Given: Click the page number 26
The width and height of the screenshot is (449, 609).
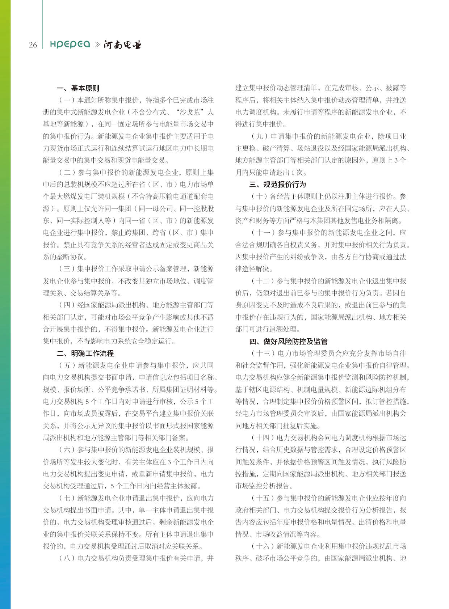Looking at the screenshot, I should [33, 45].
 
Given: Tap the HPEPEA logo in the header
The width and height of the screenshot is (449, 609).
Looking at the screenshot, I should [70, 44].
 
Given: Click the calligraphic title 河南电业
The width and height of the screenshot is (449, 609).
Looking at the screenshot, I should [122, 45].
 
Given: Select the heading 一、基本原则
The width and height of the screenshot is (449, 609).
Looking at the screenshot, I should [78, 88].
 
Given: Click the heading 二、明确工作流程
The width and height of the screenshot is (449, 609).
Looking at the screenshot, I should [85, 353].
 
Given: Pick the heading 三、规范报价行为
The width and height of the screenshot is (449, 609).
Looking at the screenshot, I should [277, 184].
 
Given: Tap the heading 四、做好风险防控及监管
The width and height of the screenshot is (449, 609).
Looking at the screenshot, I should [288, 341].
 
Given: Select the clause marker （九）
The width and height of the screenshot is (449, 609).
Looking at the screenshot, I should [259, 136].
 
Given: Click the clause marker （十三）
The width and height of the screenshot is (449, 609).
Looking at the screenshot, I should [263, 353].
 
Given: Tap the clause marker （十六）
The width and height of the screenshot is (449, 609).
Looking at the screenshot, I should [263, 546].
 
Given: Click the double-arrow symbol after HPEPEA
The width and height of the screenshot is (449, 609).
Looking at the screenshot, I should [97, 45].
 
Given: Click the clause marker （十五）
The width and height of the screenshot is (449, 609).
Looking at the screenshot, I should [263, 498].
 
